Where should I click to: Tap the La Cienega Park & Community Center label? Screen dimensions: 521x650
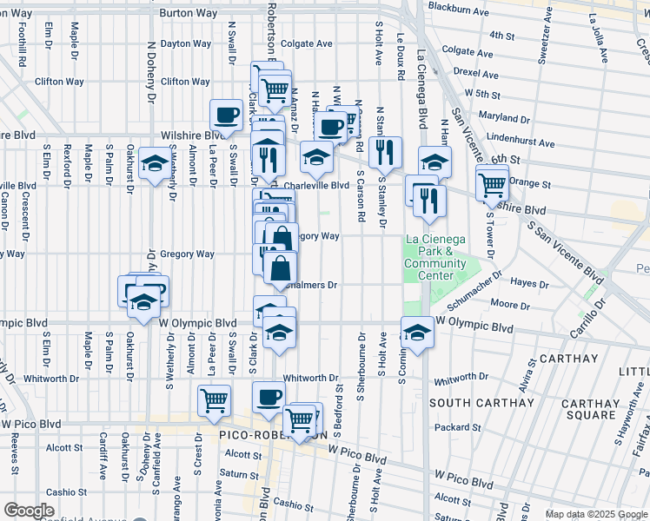coord(435,258)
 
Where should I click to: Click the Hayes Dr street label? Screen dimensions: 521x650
coord(529,283)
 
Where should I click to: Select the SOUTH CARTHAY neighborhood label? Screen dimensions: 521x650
coord(481,403)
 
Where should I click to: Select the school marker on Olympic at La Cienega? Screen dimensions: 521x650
coord(417,333)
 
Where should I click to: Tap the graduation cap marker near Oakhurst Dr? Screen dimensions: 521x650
coord(155,163)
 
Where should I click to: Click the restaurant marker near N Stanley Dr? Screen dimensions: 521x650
coord(385,151)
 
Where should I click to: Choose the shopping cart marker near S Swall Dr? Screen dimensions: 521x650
coord(214,400)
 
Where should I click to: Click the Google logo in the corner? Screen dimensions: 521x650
coord(29,511)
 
